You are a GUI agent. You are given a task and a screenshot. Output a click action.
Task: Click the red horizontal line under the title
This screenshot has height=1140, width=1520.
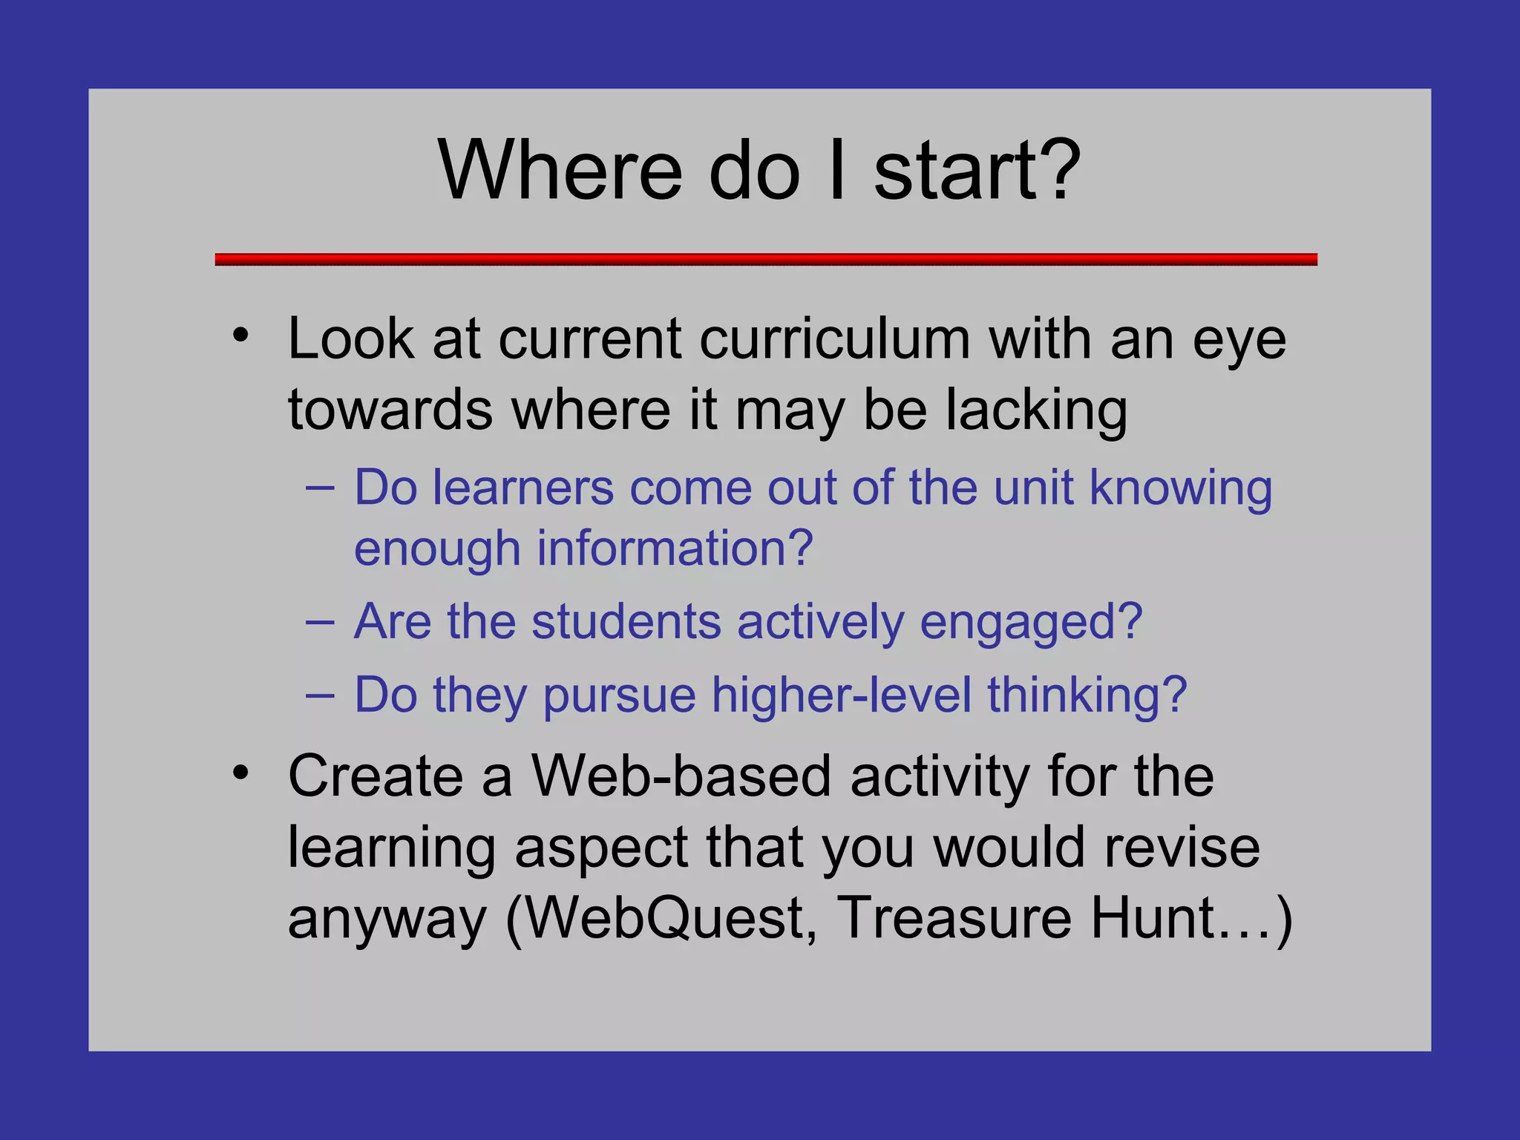click(766, 259)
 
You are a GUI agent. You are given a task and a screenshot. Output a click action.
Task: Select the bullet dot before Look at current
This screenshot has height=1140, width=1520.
click(240, 335)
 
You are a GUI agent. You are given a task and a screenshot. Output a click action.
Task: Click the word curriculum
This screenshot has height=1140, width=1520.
click(835, 340)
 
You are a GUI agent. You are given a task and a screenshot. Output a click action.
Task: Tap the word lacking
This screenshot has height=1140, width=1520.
click(1037, 411)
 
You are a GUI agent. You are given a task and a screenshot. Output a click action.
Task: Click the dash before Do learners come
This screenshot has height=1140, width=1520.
click(320, 488)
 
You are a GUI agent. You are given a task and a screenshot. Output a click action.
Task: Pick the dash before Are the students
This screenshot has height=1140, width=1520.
click(320, 622)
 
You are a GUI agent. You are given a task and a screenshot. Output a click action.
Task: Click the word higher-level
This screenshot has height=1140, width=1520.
click(842, 696)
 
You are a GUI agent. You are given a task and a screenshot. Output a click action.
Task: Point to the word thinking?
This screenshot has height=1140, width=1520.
click(1087, 696)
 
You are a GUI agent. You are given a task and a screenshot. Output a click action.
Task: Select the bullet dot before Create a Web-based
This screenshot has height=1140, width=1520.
click(240, 773)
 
